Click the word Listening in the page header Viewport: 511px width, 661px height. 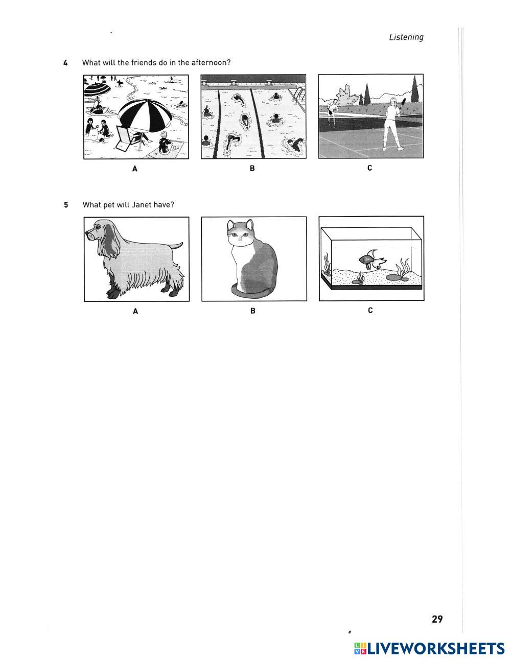[x=406, y=37]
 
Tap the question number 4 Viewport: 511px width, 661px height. [x=65, y=63]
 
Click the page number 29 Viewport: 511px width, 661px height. [x=437, y=619]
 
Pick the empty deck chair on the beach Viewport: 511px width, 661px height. [x=127, y=138]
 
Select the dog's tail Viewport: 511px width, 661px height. [x=176, y=246]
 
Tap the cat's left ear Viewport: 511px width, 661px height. [x=230, y=225]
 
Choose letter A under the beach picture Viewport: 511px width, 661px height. [x=135, y=169]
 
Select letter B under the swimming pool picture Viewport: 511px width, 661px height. [x=252, y=168]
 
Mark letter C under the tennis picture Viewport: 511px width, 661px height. [x=369, y=168]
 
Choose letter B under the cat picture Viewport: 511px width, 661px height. [x=253, y=311]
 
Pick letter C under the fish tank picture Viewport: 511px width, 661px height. [x=370, y=310]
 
